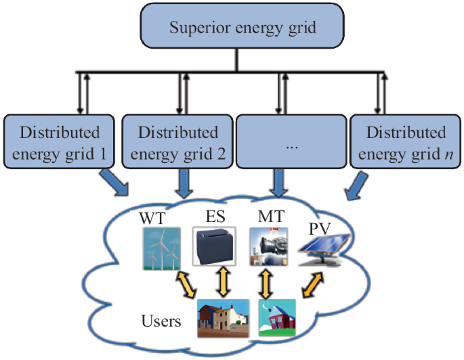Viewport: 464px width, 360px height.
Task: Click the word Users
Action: [161, 321]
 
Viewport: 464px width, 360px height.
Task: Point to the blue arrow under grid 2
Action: [182, 183]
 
